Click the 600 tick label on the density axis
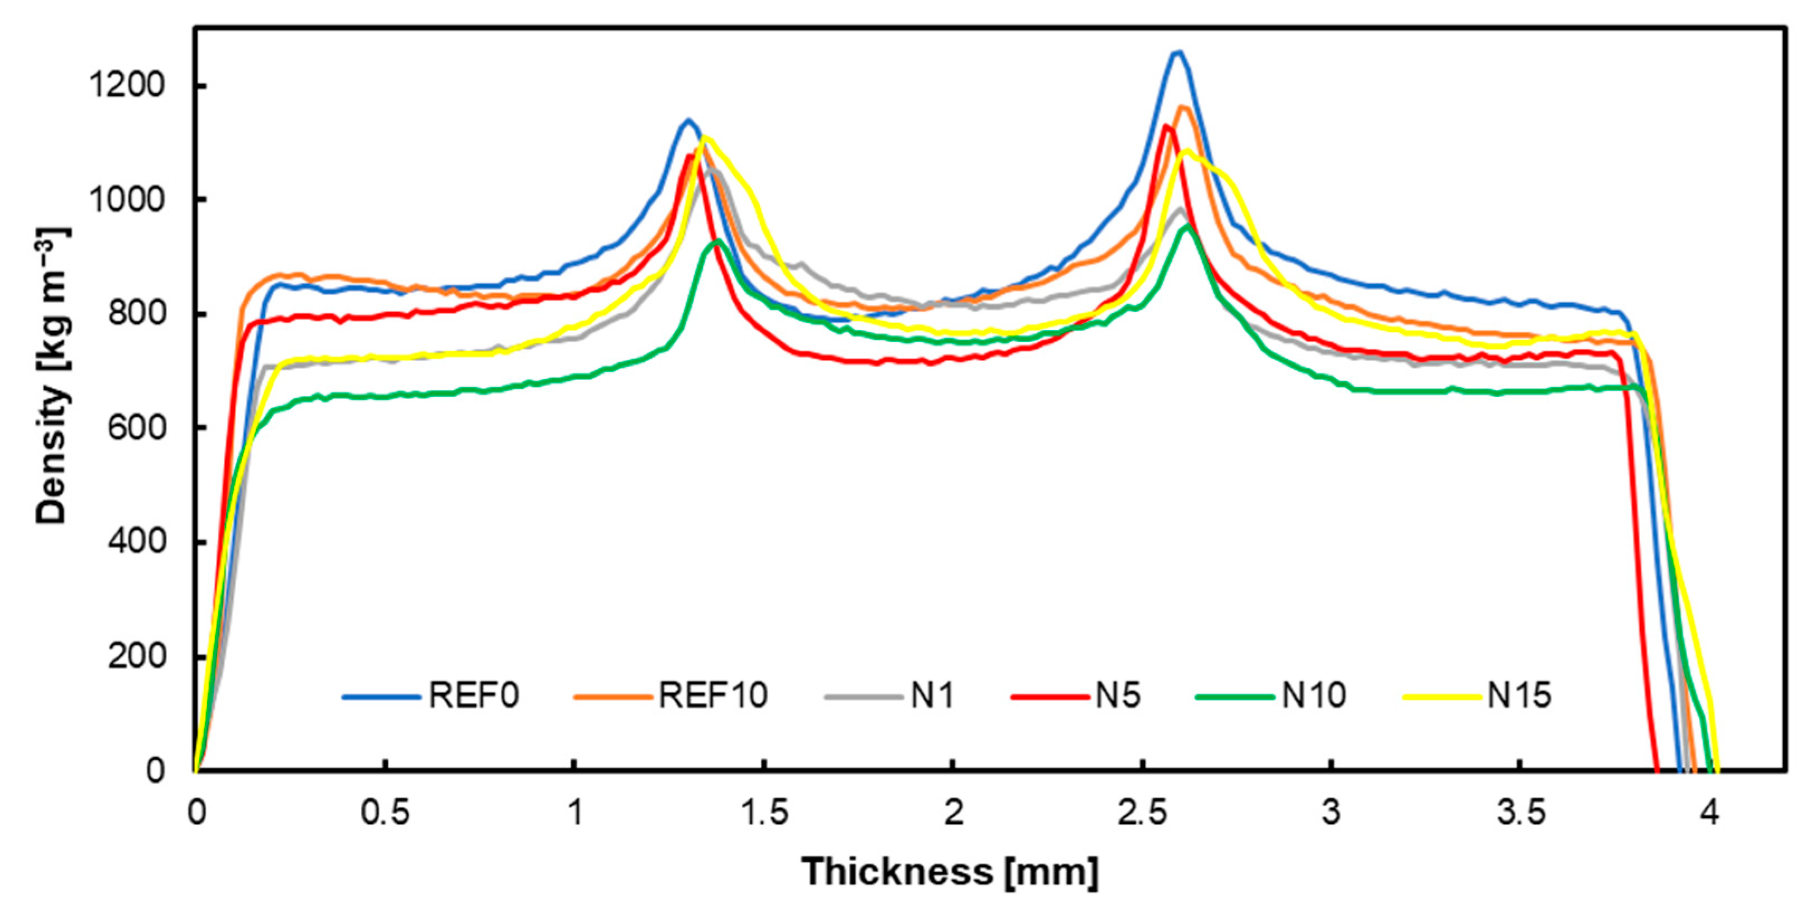pos(136,428)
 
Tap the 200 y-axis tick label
pos(136,656)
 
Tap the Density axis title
pos(52,375)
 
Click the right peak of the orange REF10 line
pos(1184,107)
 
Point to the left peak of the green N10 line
pos(717,241)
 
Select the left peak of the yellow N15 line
pos(705,137)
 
